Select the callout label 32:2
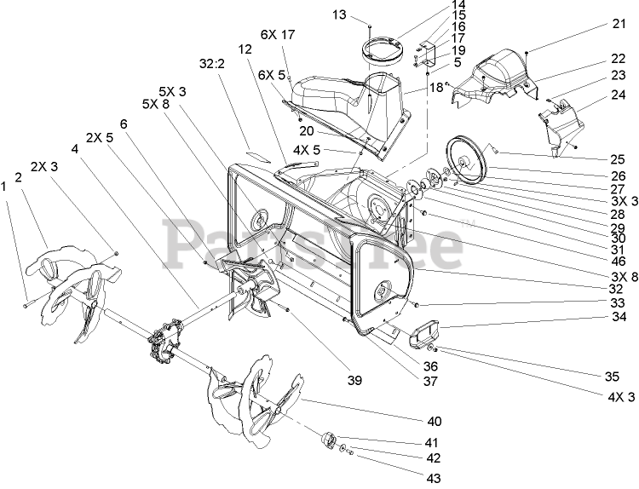coord(210,62)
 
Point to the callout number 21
coord(619,26)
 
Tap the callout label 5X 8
coord(162,105)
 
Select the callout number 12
coord(245,49)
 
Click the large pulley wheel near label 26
coord(469,158)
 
